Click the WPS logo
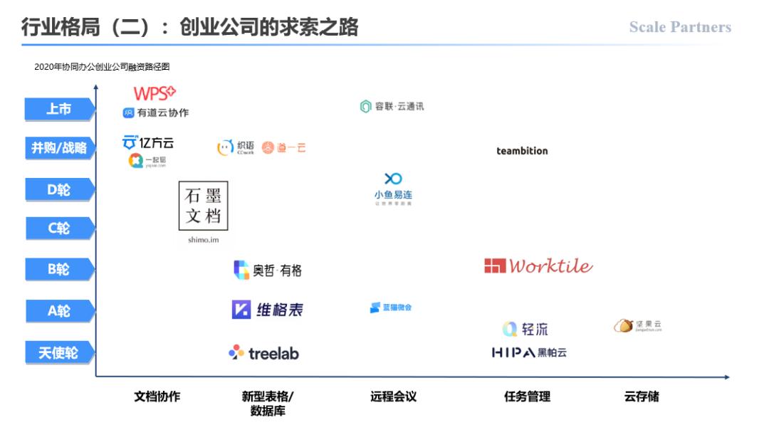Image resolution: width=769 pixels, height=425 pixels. tap(155, 93)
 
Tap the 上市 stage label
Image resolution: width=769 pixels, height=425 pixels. tap(59, 109)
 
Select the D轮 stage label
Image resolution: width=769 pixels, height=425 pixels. tap(59, 189)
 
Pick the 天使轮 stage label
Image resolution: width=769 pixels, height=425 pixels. tap(59, 352)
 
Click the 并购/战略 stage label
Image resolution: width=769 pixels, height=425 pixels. tap(59, 148)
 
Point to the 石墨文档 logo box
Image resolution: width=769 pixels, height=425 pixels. tap(203, 206)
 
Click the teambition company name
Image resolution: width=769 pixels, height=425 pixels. tap(522, 151)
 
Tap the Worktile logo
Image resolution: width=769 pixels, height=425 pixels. tap(538, 266)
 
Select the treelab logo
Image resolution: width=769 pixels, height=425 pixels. tap(263, 352)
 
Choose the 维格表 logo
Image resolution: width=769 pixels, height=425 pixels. tap(267, 310)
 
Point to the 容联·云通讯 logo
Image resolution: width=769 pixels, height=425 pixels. tap(392, 107)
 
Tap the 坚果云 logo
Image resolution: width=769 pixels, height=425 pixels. tap(638, 326)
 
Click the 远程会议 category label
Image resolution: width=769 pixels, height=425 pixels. tap(393, 397)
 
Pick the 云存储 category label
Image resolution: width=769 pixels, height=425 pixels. tap(642, 397)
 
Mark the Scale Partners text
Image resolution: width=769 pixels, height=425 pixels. tap(680, 27)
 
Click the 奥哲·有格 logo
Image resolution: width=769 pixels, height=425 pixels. tap(268, 271)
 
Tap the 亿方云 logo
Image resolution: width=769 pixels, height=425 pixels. tap(148, 142)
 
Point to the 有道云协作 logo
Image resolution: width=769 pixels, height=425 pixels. tap(156, 112)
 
